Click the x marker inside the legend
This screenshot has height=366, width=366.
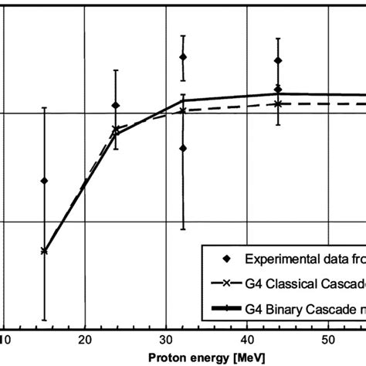(225, 284)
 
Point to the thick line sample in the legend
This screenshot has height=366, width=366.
(225, 309)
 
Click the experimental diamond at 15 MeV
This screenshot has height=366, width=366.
(44, 181)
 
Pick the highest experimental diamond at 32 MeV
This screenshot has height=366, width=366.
(183, 57)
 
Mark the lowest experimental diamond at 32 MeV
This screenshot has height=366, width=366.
(183, 148)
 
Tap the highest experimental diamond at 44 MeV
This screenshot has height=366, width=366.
(278, 60)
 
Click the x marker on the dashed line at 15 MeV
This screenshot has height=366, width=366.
(44, 251)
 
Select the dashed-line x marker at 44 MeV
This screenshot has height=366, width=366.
(278, 103)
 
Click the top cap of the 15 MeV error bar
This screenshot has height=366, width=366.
(44, 107)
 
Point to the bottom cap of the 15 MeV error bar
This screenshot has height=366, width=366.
(44, 320)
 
